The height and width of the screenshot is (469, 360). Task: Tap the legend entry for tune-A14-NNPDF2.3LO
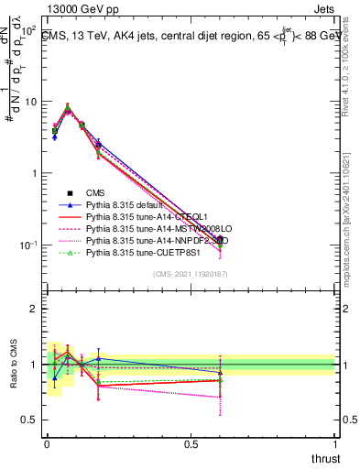(152, 240)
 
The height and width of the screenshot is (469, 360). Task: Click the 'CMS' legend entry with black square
(96, 192)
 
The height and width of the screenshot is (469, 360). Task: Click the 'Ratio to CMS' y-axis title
(13, 365)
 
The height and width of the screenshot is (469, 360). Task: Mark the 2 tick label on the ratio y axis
(34, 309)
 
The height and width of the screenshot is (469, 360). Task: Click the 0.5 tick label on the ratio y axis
(29, 420)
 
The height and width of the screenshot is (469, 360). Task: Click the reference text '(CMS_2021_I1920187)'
(190, 274)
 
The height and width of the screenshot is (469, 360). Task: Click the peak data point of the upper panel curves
(68, 109)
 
